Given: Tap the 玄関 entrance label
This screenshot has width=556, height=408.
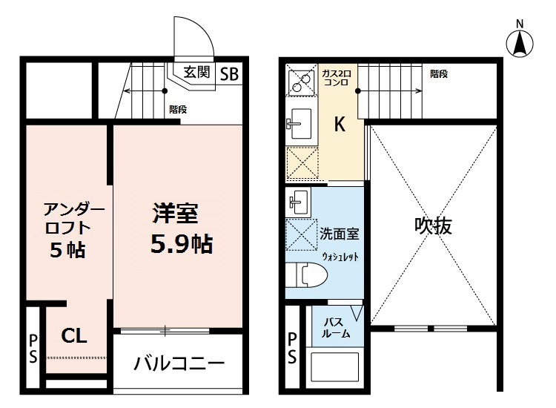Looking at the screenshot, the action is (196, 73).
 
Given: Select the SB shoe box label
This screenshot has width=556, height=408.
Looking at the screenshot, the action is (229, 73).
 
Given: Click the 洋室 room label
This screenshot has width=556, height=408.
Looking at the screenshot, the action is (176, 213).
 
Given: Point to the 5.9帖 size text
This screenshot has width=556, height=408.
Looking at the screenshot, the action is (182, 244).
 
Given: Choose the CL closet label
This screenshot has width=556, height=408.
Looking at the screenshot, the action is (73, 335).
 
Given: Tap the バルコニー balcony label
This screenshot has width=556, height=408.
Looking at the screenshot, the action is (179, 363).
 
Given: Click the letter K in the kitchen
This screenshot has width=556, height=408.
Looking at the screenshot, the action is (340, 124).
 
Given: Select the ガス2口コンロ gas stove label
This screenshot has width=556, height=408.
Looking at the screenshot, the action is (336, 78).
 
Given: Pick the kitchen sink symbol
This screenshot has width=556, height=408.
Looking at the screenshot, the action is (299, 123).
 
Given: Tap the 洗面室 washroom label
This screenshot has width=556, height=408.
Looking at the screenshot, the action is (340, 234).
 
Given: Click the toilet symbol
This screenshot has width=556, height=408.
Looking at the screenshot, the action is (306, 274).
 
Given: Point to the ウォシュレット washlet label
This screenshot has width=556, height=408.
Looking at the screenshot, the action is (340, 257).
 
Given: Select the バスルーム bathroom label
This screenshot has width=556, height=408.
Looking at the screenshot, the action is (336, 328).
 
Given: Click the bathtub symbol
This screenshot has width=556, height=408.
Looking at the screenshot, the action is (337, 368).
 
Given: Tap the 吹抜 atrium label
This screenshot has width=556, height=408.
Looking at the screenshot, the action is (434, 226).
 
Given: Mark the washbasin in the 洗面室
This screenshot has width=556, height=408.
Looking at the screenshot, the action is (298, 202).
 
